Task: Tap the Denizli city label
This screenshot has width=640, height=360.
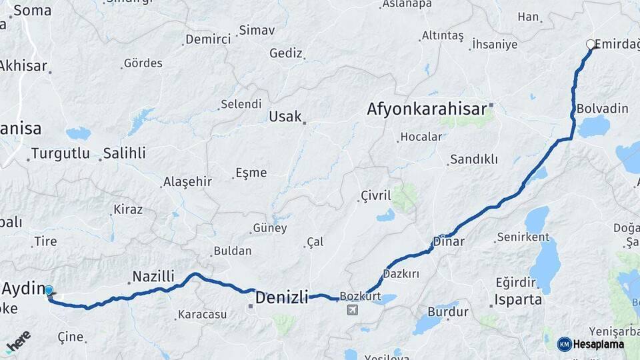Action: click(x=281, y=297)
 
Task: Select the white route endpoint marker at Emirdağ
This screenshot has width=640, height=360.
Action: click(x=590, y=44)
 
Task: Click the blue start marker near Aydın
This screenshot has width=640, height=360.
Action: click(x=49, y=291)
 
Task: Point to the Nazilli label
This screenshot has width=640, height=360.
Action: click(x=153, y=276)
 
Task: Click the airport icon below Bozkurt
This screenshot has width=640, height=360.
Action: click(x=352, y=309)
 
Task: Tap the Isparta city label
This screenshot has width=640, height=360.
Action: click(x=518, y=300)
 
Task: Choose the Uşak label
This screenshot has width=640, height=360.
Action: click(x=285, y=117)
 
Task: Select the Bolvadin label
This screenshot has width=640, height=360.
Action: click(x=602, y=108)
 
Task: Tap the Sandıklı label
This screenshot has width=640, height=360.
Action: click(x=474, y=159)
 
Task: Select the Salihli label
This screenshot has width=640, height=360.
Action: click(x=125, y=153)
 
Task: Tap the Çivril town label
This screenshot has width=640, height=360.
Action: click(x=375, y=195)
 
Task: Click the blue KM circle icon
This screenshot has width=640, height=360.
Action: click(x=564, y=344)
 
